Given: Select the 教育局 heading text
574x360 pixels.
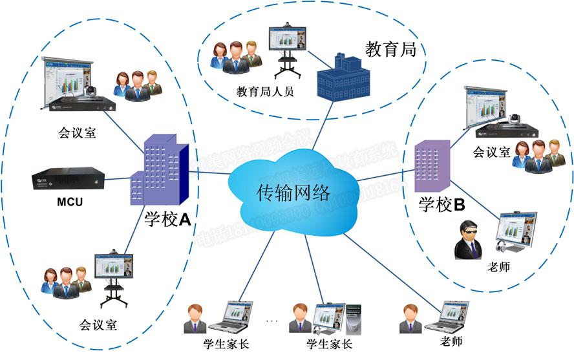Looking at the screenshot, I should [x=390, y=49].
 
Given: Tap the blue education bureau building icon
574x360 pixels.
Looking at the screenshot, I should [x=343, y=78].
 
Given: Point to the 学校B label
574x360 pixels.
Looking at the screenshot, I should [x=442, y=205].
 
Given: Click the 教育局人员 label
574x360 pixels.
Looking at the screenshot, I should [x=265, y=92].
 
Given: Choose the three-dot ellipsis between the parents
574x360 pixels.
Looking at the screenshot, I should [x=271, y=321].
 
